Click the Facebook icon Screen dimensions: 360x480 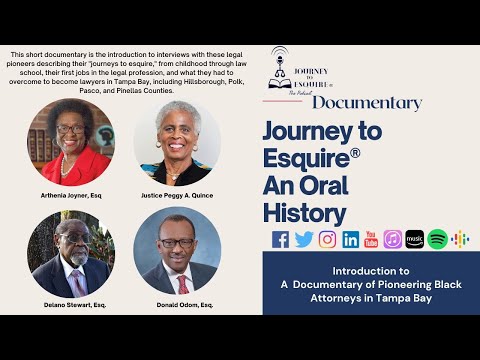[280, 239]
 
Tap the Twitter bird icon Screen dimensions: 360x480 [303, 239]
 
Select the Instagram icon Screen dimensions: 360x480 [327, 239]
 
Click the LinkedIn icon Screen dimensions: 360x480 [350, 239]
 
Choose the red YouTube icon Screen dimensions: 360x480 [371, 239]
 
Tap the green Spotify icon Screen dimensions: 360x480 [437, 239]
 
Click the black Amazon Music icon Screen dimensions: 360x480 [415, 239]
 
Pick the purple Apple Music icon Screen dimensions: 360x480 [393, 239]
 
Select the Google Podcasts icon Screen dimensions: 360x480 [459, 239]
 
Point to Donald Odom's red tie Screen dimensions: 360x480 [182, 284]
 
